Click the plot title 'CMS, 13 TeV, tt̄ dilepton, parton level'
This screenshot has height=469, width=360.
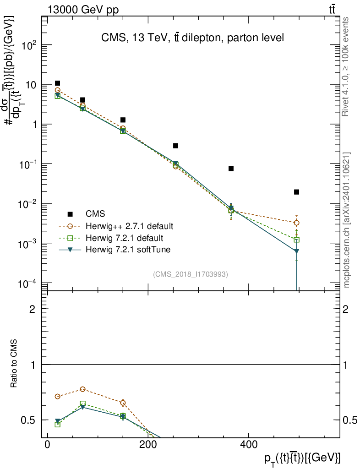point(193,38)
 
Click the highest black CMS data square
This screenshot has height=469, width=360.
point(57,83)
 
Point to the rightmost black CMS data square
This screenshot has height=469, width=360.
point(297,192)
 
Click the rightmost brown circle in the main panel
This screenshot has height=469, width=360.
point(297,223)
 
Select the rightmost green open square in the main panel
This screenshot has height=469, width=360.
point(297,240)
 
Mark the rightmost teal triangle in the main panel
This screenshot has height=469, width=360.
point(297,251)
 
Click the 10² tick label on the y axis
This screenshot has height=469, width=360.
point(33,45)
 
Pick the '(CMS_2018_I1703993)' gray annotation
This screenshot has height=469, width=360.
point(191,274)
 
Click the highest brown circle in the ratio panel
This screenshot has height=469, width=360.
point(82,389)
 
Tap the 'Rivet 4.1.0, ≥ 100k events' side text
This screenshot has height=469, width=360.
point(347,66)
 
